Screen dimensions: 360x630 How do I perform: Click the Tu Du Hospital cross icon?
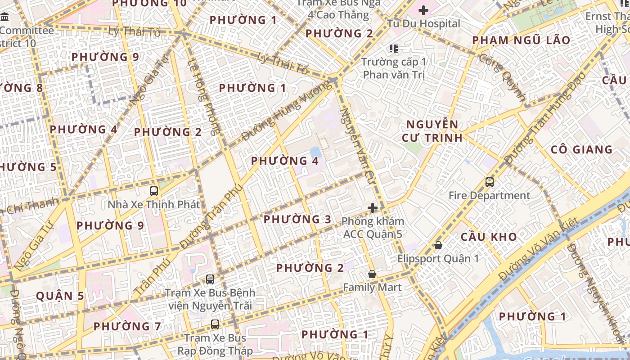point(423,10)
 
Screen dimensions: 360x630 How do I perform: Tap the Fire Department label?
point(490,196)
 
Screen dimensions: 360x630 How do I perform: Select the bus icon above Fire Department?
point(490,182)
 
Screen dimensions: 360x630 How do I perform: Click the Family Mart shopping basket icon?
point(372,274)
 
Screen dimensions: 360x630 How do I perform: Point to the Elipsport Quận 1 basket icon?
point(438,245)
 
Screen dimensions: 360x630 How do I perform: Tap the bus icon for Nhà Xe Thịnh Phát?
point(154,191)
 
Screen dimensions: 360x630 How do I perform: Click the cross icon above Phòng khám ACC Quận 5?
point(373,208)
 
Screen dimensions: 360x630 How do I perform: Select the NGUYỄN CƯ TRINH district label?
point(432,131)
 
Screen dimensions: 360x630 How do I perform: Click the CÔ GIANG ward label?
point(581,149)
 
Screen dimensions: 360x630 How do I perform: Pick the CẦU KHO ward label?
point(488,237)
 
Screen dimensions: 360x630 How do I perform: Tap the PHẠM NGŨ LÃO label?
point(521,40)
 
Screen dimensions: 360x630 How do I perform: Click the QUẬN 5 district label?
point(60,296)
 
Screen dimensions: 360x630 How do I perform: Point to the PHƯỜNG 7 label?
point(127,326)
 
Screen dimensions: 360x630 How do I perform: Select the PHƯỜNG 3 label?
point(297,220)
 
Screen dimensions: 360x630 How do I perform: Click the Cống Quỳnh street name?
point(503,77)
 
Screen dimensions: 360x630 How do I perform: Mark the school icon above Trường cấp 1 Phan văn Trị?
point(394,48)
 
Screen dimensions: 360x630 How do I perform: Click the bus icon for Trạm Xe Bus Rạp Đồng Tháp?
point(215,324)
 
